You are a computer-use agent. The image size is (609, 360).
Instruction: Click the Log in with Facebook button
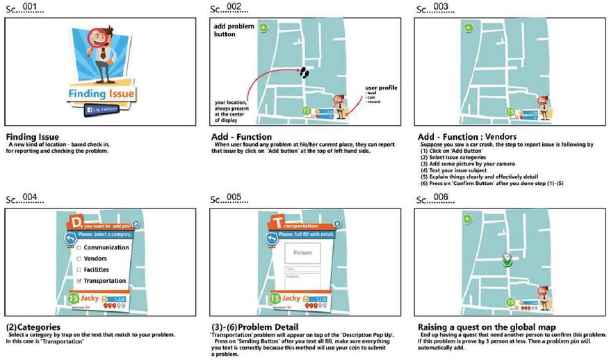tap(101, 110)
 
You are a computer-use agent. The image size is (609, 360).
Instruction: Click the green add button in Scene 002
tap(263, 28)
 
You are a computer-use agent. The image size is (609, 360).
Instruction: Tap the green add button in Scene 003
tap(468, 28)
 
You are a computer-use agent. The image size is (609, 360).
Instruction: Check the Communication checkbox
tap(79, 247)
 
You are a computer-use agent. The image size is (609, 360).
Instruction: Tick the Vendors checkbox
tap(79, 259)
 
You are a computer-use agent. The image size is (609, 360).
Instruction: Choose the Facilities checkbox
tap(79, 270)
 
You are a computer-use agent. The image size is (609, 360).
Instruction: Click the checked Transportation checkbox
tap(79, 281)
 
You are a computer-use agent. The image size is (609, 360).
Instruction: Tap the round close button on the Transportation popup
tap(337, 224)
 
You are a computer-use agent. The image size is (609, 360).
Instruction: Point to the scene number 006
tap(440, 197)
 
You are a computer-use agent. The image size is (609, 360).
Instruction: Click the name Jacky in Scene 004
tap(89, 298)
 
